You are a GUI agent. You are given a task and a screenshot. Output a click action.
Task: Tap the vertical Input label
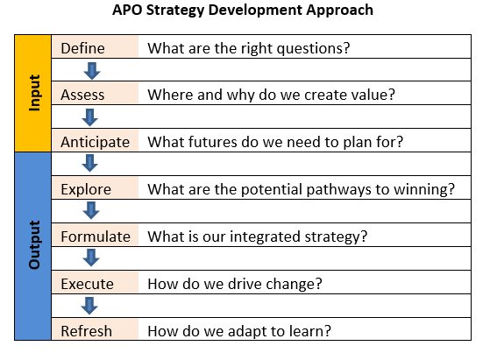click(x=35, y=93)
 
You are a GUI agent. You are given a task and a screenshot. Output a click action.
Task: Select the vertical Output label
click(x=35, y=244)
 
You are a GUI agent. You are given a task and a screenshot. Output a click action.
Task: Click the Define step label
click(x=82, y=48)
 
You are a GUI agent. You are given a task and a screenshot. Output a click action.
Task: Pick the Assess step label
click(x=82, y=95)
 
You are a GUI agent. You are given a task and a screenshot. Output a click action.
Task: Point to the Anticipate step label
click(x=95, y=142)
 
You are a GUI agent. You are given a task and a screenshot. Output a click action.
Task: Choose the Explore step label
click(x=86, y=189)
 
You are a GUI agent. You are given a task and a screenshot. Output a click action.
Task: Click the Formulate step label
click(x=96, y=236)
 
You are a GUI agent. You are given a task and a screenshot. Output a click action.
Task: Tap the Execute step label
click(x=87, y=284)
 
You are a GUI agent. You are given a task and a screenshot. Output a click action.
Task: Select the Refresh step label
click(x=86, y=331)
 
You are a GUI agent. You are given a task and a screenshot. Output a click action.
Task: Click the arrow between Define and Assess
click(x=92, y=71)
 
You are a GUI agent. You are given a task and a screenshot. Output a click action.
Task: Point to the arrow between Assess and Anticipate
click(x=90, y=117)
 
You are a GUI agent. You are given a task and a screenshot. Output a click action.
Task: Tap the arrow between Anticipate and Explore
click(x=90, y=163)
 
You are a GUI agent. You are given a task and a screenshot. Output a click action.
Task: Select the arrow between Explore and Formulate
click(x=91, y=210)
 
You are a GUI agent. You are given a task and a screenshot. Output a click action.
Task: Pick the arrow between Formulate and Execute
click(x=91, y=258)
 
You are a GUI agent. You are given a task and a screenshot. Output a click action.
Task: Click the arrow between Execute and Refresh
click(x=89, y=306)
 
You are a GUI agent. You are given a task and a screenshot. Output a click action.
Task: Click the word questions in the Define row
click(x=313, y=49)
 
